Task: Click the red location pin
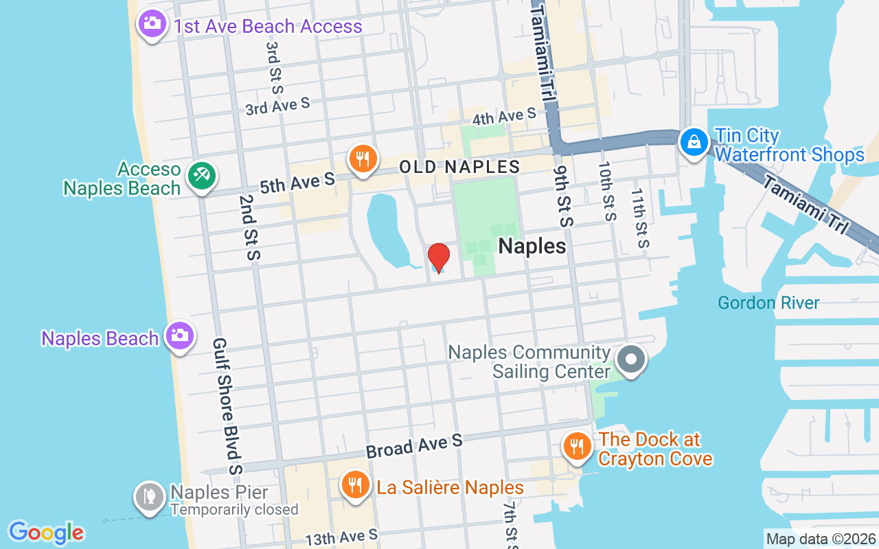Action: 439,257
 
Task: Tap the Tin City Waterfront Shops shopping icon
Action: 694,142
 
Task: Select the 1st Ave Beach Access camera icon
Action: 152,24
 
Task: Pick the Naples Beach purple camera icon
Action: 180,336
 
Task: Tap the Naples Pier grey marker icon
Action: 149,496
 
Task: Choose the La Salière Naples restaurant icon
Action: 355,484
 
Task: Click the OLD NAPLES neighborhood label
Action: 459,167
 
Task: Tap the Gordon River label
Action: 768,303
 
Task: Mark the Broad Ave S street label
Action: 414,446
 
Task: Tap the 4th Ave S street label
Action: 504,117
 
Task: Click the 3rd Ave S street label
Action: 277,106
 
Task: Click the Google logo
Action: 46,533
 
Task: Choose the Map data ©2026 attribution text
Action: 821,539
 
